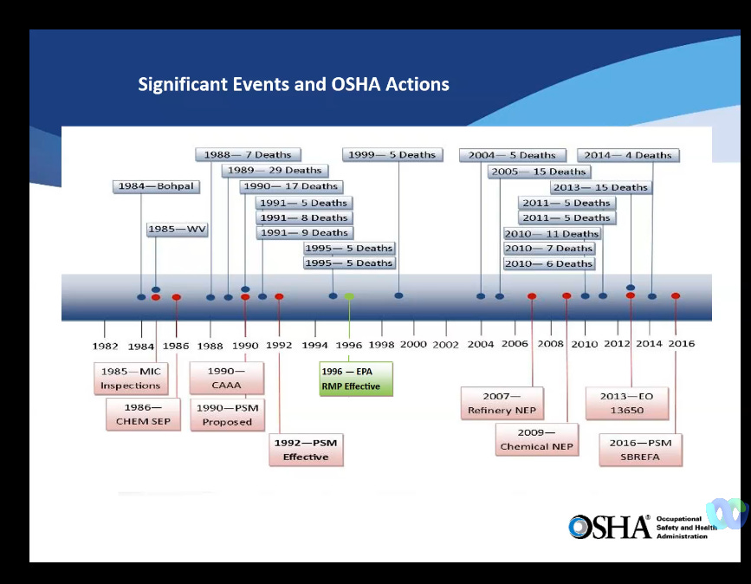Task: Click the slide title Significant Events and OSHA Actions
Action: (x=294, y=85)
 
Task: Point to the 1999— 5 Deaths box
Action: (x=392, y=155)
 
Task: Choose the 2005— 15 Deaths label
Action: (x=538, y=172)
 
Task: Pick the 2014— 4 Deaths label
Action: (x=628, y=155)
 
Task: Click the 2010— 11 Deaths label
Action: (x=552, y=233)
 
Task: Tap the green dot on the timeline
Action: (x=349, y=296)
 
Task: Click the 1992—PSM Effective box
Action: (x=306, y=449)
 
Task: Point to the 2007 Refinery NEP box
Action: (x=502, y=403)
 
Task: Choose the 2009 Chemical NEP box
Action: (x=537, y=439)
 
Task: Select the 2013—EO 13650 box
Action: (x=633, y=403)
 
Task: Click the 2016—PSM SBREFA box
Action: (x=640, y=449)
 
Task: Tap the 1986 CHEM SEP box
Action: (x=144, y=414)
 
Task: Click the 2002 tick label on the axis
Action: (x=446, y=344)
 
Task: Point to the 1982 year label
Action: (x=105, y=346)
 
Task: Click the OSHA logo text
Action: (x=610, y=526)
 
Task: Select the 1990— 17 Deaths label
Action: (x=290, y=186)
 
